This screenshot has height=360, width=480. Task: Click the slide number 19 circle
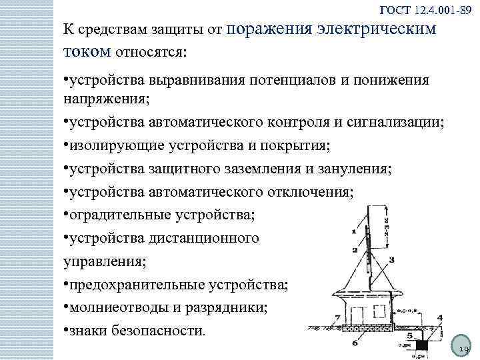(x=462, y=347)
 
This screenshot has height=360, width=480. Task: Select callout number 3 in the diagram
(x=391, y=260)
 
